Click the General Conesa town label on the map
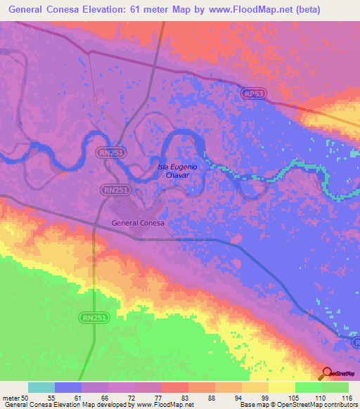138,223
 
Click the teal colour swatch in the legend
41,387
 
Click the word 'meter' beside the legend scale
11,397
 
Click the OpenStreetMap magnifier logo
326,372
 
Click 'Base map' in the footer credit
252,405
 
